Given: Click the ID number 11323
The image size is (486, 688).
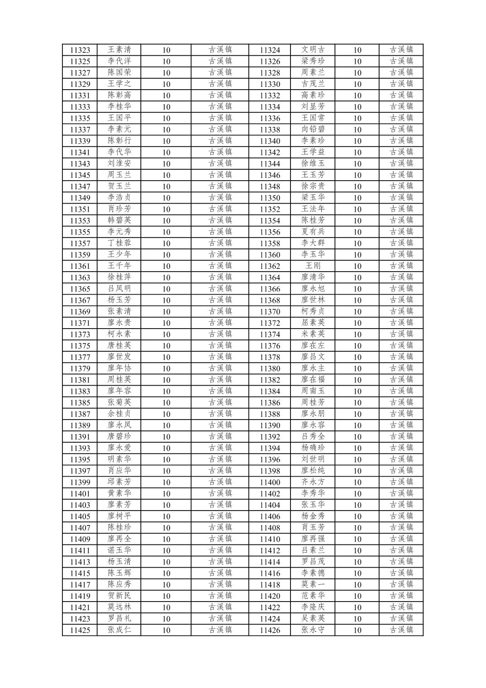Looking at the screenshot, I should [80, 50].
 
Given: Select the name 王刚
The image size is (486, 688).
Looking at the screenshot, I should [313, 266].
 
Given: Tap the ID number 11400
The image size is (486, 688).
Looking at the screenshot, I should [270, 483].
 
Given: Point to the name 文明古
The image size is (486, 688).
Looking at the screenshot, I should [313, 50].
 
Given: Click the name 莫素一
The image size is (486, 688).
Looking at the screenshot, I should [313, 584].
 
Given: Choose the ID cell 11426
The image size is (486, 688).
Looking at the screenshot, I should [270, 630].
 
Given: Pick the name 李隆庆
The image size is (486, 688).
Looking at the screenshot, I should [313, 607].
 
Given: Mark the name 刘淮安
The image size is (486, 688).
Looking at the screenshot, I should [119, 163].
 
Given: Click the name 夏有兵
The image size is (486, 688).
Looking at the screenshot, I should [313, 232].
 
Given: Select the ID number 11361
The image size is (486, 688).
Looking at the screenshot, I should [80, 266].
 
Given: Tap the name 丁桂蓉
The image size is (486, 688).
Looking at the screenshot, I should [119, 243].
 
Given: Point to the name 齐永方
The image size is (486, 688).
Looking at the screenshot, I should [313, 482].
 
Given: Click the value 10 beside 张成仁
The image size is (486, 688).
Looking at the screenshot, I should [166, 630].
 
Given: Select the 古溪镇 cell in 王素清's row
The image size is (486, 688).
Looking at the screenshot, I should [220, 50].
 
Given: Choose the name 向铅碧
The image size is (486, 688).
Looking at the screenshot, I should [313, 129].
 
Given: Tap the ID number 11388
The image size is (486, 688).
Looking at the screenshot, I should [270, 414].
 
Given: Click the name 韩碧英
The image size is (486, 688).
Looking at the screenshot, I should [119, 220].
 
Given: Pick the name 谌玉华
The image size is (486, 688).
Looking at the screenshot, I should [119, 550].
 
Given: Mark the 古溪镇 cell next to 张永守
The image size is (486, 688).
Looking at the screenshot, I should [401, 630].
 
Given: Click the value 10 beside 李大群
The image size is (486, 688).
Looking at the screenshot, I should [357, 244].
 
